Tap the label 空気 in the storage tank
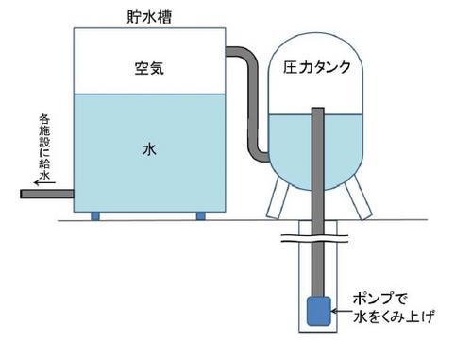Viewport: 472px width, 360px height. (x=150, y=67)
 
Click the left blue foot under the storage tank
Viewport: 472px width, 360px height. (x=94, y=216)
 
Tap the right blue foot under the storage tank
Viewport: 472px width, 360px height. (x=200, y=216)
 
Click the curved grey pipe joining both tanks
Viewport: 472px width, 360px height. (x=253, y=104)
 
